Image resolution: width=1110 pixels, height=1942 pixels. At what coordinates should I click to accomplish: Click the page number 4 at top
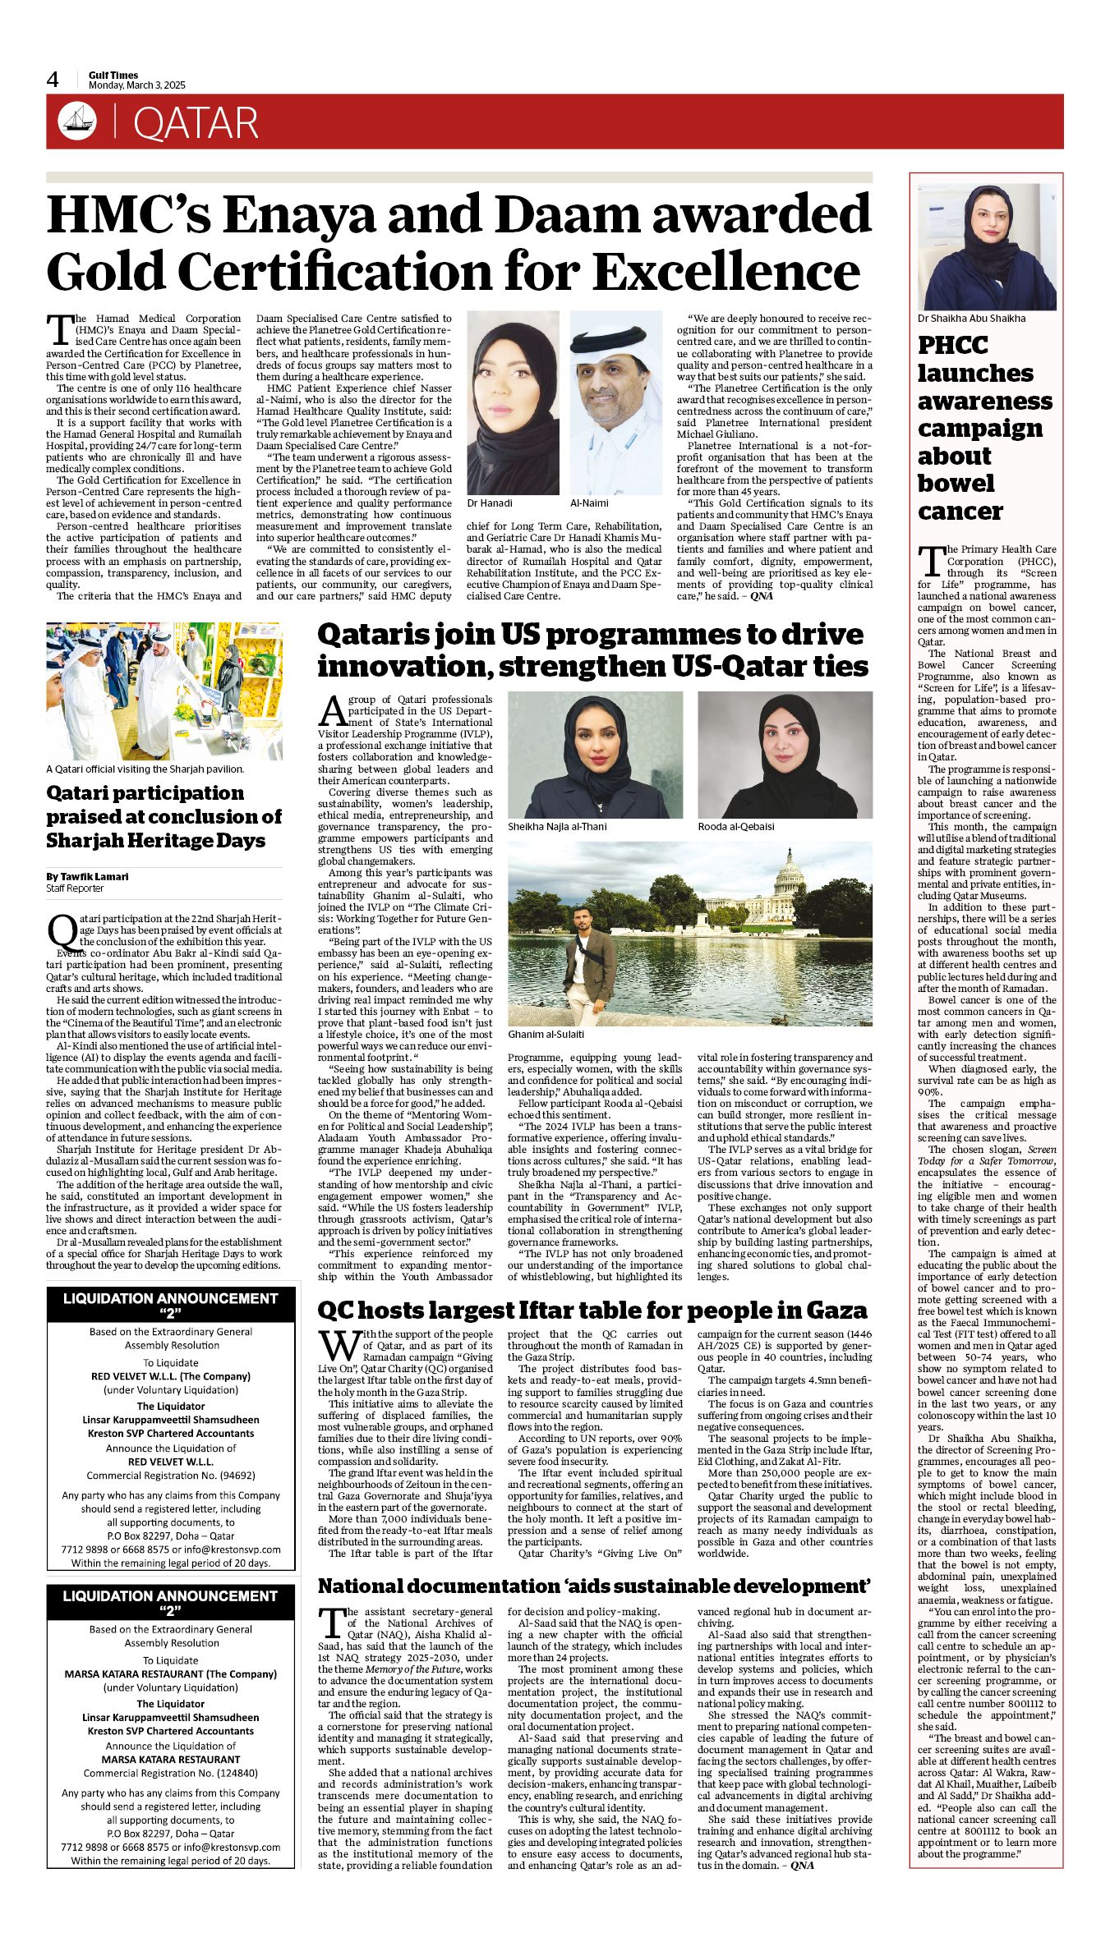tap(53, 80)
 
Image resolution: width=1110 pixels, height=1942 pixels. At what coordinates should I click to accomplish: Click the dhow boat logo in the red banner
tap(77, 122)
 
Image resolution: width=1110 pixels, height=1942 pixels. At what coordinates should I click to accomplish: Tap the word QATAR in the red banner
tap(196, 123)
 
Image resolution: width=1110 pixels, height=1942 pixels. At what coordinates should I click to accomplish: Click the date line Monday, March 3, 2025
tap(137, 85)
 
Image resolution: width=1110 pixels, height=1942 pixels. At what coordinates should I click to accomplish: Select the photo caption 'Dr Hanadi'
tap(490, 503)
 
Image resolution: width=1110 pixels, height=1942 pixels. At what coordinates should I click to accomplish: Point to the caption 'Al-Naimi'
tap(589, 503)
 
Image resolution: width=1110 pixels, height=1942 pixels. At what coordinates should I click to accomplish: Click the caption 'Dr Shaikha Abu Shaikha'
tap(972, 318)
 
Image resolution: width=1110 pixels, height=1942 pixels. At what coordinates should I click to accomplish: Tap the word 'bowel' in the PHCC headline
tap(956, 483)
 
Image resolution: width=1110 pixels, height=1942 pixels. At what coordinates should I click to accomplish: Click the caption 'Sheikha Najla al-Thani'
tap(557, 826)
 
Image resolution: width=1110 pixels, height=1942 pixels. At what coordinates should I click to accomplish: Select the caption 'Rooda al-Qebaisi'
tap(736, 826)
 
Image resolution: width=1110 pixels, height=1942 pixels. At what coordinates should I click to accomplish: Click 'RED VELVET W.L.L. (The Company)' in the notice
tap(171, 1376)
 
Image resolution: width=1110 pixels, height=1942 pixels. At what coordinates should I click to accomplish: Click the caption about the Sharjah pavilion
tap(145, 769)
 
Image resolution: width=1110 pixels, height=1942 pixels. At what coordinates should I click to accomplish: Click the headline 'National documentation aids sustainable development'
tap(594, 1586)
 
